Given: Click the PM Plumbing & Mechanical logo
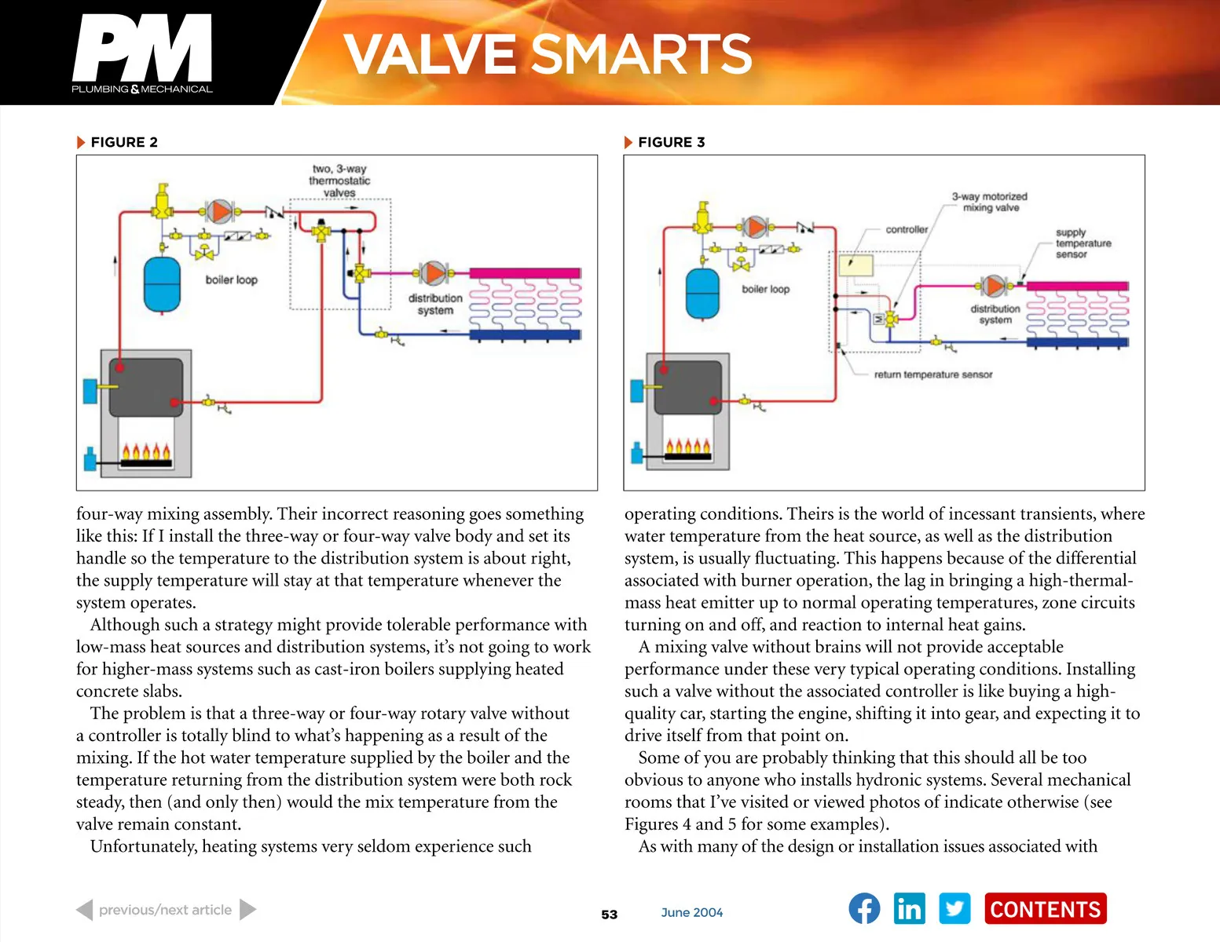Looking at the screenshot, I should [142, 53].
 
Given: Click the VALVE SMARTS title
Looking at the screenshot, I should [548, 54].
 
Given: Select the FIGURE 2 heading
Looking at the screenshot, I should [123, 142].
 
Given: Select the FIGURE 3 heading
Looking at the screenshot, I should [671, 142].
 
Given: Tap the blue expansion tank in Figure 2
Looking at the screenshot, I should [163, 283].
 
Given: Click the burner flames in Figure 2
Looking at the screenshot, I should [145, 452].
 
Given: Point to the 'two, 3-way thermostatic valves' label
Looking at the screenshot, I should [339, 181].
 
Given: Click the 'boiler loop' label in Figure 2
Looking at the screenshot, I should [231, 279].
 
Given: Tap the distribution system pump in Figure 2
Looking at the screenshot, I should [434, 273].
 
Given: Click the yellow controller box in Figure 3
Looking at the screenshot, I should [855, 265].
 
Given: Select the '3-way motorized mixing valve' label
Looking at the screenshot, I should [990, 202].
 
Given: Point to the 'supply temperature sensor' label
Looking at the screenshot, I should [1083, 243].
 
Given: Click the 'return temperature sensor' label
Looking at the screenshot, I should [933, 374].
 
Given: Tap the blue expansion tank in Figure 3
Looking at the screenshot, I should [702, 294].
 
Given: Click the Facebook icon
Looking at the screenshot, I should [864, 909].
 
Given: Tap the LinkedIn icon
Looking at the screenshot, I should [909, 909].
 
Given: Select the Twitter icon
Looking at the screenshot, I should [954, 909].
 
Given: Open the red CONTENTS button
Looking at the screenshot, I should [1045, 909].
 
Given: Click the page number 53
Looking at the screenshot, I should [610, 915].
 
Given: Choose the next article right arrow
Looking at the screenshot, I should [247, 909].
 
